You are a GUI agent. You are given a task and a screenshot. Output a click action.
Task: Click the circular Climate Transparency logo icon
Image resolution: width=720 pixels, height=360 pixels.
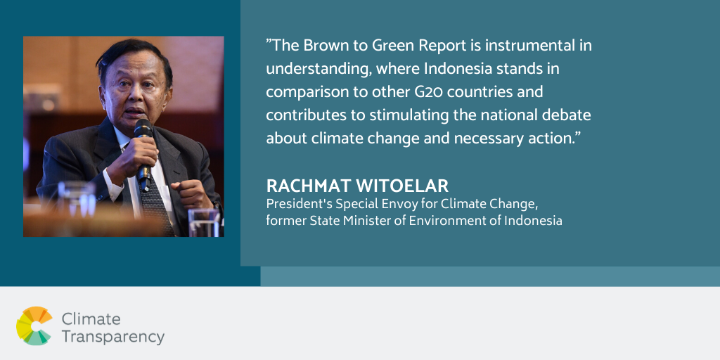click(34, 326)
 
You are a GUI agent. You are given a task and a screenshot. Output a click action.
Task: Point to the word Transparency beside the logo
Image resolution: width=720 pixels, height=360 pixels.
click(113, 337)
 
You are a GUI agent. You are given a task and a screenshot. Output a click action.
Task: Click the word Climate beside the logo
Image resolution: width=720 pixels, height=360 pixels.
click(91, 319)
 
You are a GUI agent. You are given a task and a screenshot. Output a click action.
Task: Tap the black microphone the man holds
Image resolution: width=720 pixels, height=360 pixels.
click(143, 153)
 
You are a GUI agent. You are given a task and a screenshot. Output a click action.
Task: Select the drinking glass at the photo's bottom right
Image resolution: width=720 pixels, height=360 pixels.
click(205, 223)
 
